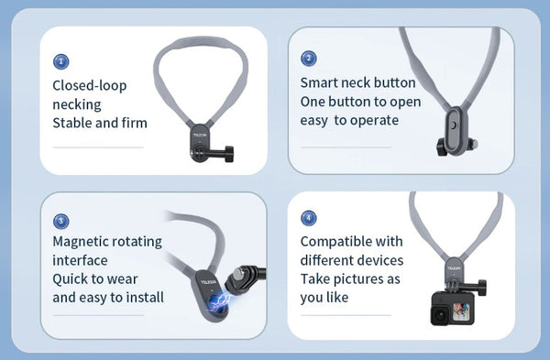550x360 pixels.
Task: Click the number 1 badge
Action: click(x=60, y=61)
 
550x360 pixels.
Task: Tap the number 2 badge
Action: click(x=309, y=59)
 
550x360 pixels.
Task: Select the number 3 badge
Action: click(x=60, y=221)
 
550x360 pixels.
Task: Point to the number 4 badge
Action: click(x=309, y=218)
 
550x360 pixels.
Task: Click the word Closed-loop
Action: click(x=90, y=86)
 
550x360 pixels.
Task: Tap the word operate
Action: click(x=375, y=120)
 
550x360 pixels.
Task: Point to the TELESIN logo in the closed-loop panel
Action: click(x=201, y=133)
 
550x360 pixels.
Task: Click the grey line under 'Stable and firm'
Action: click(x=97, y=147)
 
